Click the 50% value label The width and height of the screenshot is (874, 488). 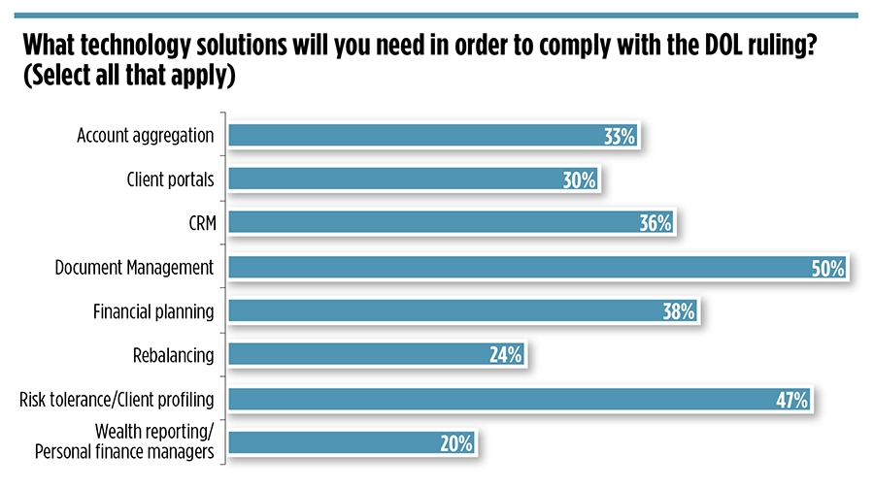point(828,268)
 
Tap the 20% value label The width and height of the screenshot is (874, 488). point(455,443)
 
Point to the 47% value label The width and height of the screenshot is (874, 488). point(791,400)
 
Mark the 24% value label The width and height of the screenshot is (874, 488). point(506,355)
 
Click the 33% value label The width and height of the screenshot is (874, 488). point(620,137)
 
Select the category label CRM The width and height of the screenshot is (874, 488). point(199,223)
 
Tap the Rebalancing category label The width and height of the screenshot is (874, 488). point(173,354)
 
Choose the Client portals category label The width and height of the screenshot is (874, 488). point(170,179)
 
